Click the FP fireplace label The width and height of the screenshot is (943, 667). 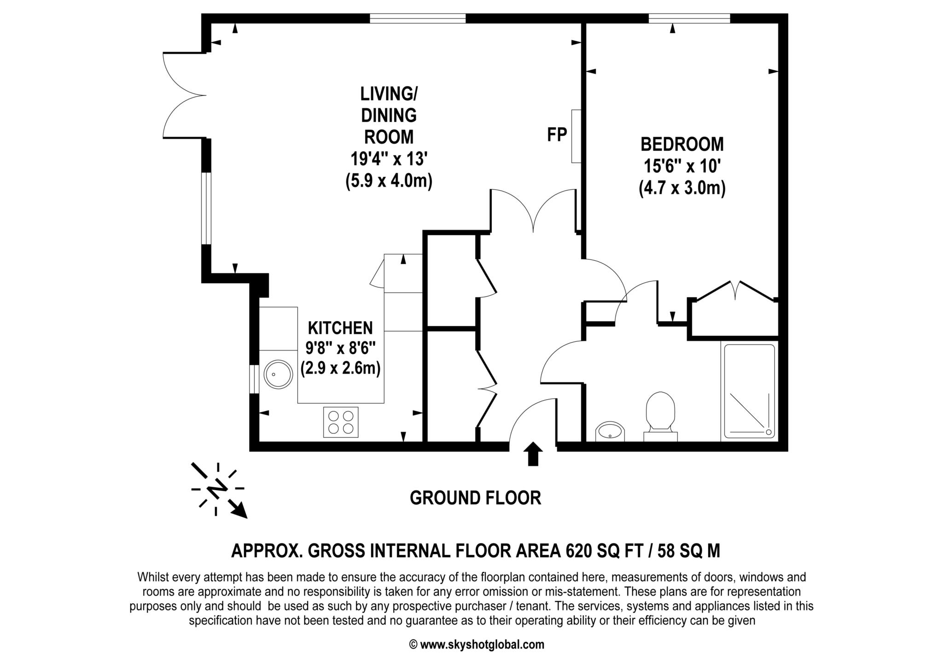(557, 135)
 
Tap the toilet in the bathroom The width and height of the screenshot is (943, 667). (660, 413)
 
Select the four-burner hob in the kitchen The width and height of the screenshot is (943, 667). (341, 422)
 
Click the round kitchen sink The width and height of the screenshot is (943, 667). (278, 374)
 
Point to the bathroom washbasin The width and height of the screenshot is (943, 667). (611, 432)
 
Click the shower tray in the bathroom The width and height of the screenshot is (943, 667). (749, 391)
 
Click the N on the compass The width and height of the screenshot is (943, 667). (217, 489)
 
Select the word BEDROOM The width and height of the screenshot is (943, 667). (682, 145)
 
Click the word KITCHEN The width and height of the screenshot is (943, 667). (340, 328)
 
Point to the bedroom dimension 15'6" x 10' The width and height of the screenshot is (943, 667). (681, 166)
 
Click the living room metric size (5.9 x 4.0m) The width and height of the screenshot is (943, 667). (389, 181)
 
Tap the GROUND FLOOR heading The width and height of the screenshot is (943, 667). (475, 498)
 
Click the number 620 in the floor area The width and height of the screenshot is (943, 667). (578, 550)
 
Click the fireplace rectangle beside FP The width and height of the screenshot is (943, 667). (576, 136)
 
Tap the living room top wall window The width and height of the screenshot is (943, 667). (417, 18)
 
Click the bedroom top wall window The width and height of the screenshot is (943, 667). (689, 18)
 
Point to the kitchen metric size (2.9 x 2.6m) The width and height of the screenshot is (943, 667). (340, 369)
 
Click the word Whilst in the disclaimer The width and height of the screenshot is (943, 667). (152, 577)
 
